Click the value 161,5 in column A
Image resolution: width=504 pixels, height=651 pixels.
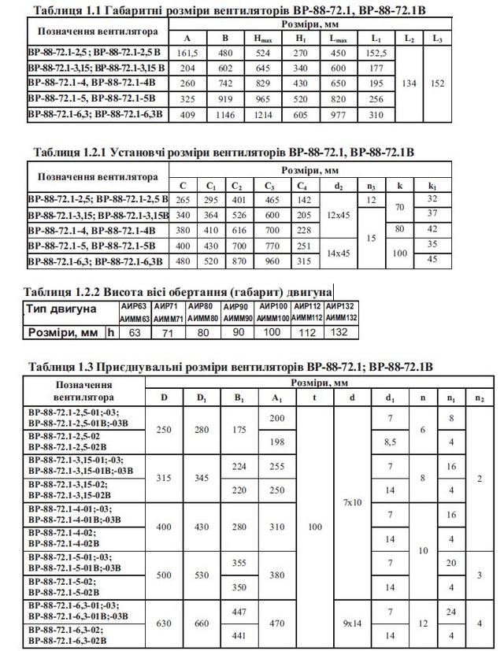click(x=187, y=52)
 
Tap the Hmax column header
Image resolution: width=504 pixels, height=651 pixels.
click(x=263, y=38)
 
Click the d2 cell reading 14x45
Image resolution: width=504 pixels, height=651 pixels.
click(x=339, y=253)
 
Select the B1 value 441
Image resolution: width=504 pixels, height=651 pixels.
click(x=239, y=634)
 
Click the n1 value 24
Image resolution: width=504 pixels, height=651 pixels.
click(x=451, y=611)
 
